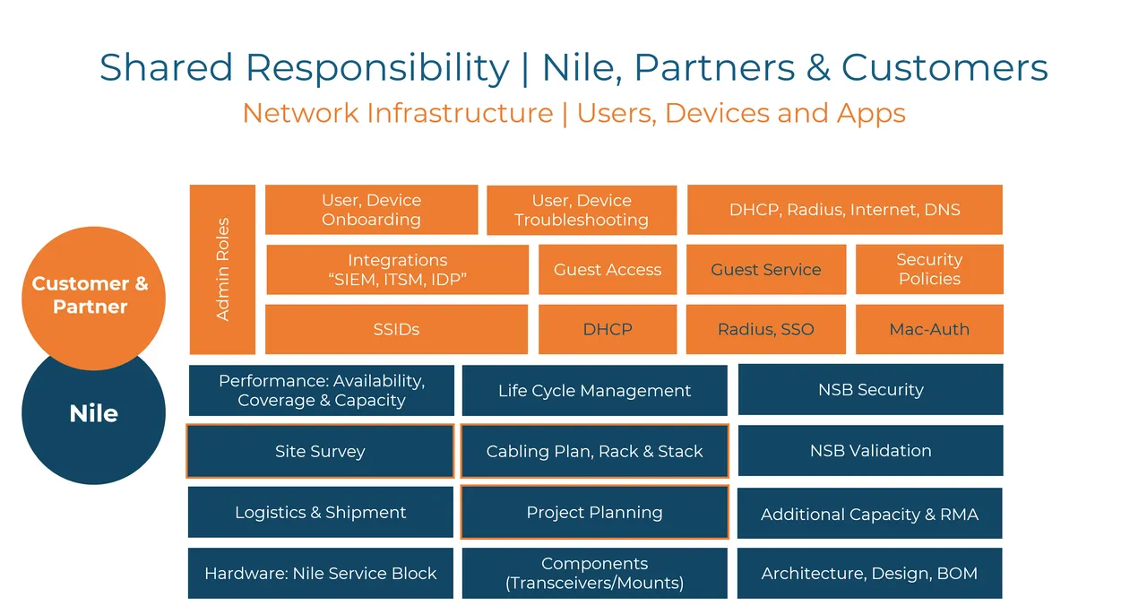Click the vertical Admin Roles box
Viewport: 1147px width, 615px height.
tap(222, 269)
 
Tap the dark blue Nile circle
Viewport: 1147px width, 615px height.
tap(93, 430)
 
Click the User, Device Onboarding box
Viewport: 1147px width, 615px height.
tap(371, 210)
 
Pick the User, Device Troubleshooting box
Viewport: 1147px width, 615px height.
tap(581, 210)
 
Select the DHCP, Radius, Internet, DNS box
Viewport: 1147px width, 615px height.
tap(844, 210)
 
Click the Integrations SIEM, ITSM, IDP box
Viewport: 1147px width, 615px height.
tap(397, 270)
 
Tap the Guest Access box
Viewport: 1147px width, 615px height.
tap(607, 270)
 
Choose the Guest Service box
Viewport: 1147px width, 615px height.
tap(765, 270)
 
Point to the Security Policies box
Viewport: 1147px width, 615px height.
tap(928, 269)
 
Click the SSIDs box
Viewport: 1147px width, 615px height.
tap(396, 329)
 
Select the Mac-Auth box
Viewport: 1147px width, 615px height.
tap(928, 329)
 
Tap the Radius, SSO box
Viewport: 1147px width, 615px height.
tap(765, 329)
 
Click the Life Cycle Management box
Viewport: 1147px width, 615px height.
tap(594, 390)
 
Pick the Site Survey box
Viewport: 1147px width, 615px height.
tap(320, 451)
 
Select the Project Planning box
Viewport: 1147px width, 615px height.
tap(594, 512)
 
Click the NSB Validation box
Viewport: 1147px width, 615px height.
tap(870, 450)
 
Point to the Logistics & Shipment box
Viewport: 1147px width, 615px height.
tap(320, 512)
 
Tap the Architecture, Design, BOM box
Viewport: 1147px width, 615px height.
tap(869, 573)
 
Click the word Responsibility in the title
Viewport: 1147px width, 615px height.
tap(376, 67)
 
